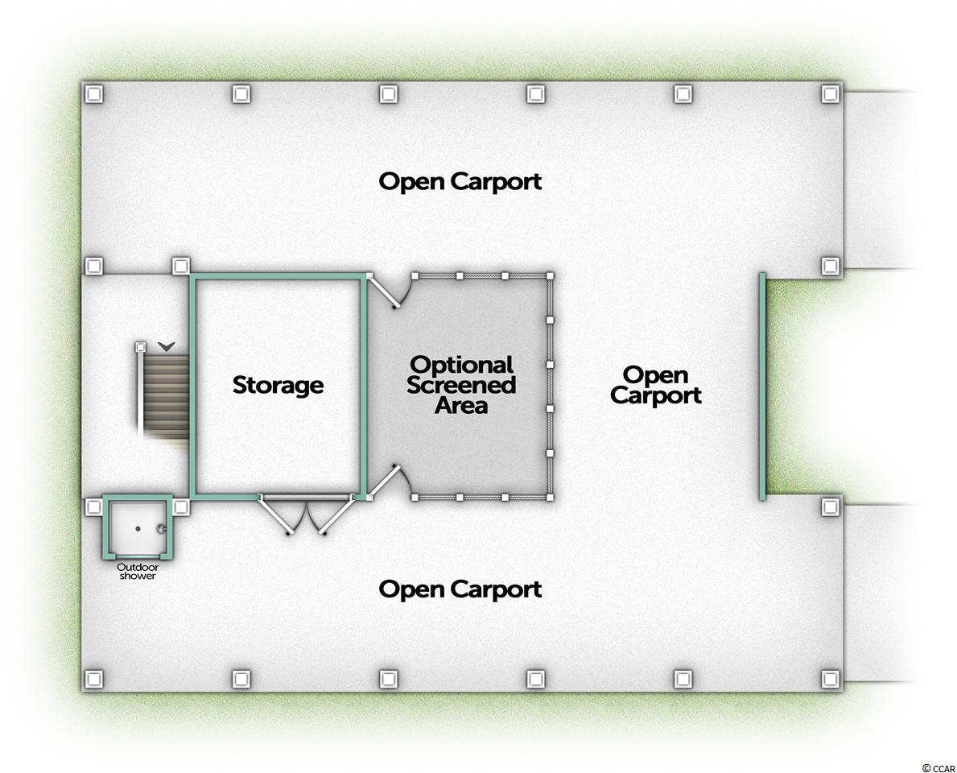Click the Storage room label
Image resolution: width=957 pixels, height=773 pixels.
point(278,385)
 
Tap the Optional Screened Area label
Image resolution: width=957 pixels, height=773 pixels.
point(461,385)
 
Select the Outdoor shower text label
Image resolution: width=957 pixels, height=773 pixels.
point(138,571)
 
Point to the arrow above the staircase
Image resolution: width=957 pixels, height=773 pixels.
point(167,346)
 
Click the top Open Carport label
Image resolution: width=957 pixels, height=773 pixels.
point(460,181)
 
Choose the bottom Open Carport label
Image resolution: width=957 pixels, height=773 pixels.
point(460,589)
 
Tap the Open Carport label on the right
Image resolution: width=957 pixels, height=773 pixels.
point(656,385)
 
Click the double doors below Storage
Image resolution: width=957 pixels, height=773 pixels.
point(307,515)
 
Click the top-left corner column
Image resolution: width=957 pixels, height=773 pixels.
point(94,93)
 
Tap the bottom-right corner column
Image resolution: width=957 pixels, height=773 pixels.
point(831,678)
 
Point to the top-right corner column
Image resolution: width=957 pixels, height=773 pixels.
point(831,93)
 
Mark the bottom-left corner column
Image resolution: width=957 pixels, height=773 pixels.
point(94,678)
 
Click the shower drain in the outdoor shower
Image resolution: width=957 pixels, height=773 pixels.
point(138,529)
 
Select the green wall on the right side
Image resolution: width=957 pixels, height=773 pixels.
point(762,386)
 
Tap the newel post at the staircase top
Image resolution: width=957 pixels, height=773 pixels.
point(141,346)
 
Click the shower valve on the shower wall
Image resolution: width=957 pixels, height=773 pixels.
point(162,529)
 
